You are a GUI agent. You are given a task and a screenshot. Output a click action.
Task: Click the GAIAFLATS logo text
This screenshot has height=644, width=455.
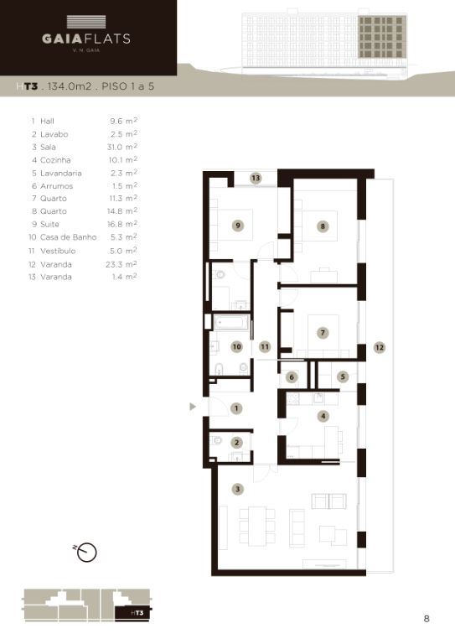pos(86,39)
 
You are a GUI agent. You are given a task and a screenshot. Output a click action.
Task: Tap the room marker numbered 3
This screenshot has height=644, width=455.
pos(237,489)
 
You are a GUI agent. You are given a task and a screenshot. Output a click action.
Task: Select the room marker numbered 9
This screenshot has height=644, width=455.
pos(237,225)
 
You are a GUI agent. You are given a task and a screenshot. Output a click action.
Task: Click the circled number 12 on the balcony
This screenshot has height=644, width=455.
pos(380,347)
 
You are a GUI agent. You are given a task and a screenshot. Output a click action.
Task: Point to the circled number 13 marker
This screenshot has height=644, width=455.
pos(256,178)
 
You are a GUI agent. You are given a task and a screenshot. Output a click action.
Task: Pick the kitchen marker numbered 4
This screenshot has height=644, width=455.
pos(323,416)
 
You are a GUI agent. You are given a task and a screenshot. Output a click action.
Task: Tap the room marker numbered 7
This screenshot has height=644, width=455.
pos(323,333)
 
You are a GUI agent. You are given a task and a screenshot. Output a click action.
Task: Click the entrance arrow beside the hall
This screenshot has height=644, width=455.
pos(193,407)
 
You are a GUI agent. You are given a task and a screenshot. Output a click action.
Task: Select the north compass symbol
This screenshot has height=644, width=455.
pos(85,552)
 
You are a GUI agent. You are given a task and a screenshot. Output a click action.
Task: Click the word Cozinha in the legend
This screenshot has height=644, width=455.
pos(55,160)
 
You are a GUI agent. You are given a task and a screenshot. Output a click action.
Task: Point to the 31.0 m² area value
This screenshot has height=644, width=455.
pos(122,147)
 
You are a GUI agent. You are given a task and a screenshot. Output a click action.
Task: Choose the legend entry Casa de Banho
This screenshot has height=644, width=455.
pos(68,237)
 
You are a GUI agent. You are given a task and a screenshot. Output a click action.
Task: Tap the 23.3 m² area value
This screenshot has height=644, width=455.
pos(122,264)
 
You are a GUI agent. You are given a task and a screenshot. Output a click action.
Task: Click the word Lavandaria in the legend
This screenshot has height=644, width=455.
pos(60,173)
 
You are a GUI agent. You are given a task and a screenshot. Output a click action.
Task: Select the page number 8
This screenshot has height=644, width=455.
pos(427,619)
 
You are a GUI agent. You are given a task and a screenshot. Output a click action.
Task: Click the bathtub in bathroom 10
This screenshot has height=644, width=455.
pos(231,323)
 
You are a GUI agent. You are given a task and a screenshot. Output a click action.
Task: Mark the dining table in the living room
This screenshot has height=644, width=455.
pos(257,526)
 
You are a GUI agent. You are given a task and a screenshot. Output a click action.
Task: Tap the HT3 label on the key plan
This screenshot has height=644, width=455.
pos(137,613)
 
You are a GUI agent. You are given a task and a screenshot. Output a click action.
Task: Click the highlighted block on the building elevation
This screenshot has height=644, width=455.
pos(382,37)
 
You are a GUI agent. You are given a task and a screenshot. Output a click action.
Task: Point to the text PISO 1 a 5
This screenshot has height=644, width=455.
pos(128,86)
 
